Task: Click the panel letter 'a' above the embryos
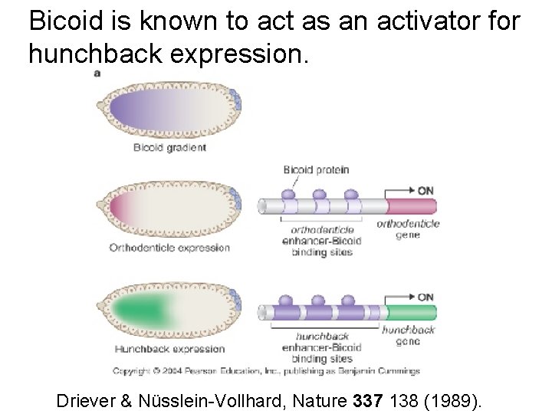(97, 73)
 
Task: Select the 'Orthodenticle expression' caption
(169, 248)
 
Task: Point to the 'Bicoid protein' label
(316, 169)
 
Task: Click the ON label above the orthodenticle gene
(426, 189)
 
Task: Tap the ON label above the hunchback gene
(426, 297)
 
